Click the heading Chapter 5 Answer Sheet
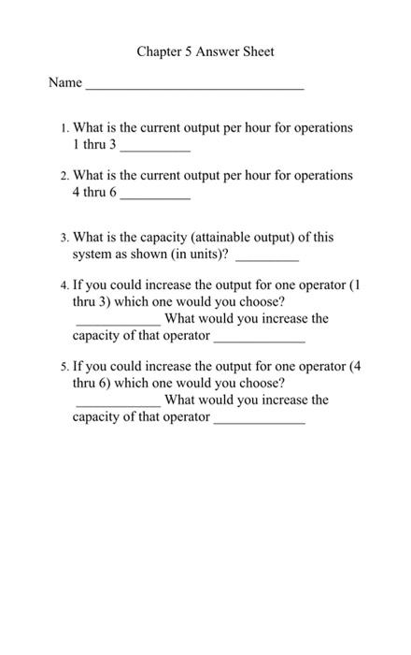point(205,51)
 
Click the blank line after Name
point(194,86)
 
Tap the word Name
point(65,82)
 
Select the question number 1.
point(63,128)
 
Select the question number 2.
point(63,176)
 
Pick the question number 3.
point(63,238)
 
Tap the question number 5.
point(63,367)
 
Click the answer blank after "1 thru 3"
point(155,149)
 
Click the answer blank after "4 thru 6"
point(155,196)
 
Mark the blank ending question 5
point(260,421)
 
